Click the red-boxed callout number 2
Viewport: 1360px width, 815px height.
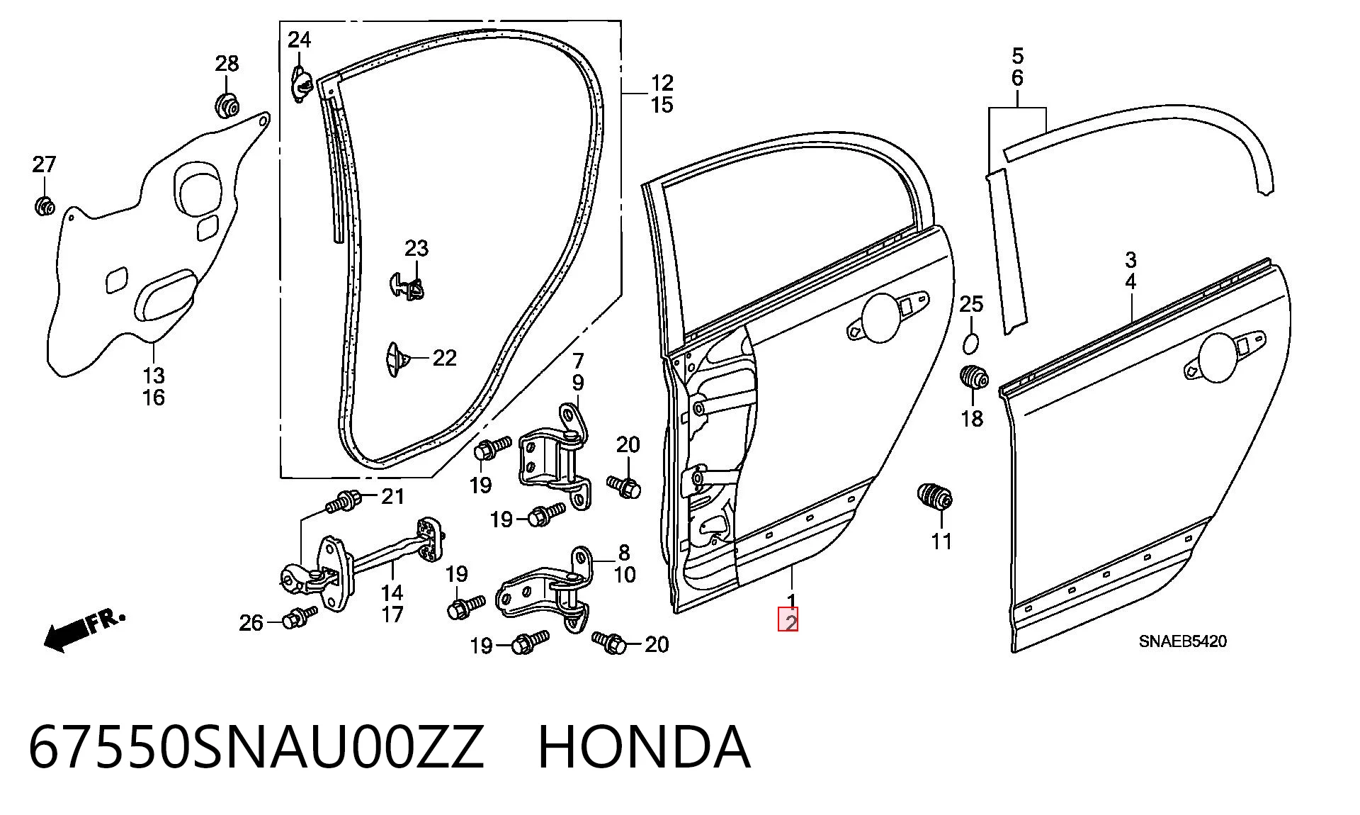click(x=788, y=622)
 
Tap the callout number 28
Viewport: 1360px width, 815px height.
click(x=227, y=64)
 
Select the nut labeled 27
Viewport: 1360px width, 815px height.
click(x=45, y=206)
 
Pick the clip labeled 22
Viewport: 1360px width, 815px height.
click(x=397, y=359)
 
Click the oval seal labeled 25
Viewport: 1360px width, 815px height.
click(x=970, y=344)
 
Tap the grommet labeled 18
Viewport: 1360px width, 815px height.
click(x=974, y=378)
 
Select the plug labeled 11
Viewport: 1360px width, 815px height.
click(x=934, y=496)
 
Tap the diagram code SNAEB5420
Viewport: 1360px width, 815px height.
click(x=1182, y=642)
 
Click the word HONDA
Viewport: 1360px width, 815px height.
click(x=643, y=747)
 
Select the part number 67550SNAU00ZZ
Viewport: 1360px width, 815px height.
click(x=256, y=747)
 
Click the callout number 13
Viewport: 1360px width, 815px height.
click(x=154, y=376)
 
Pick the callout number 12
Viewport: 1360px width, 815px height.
click(x=662, y=83)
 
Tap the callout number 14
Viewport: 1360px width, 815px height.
click(x=392, y=592)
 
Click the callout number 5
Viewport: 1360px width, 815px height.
click(x=1018, y=55)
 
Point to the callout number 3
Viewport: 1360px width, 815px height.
click(x=1130, y=259)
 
